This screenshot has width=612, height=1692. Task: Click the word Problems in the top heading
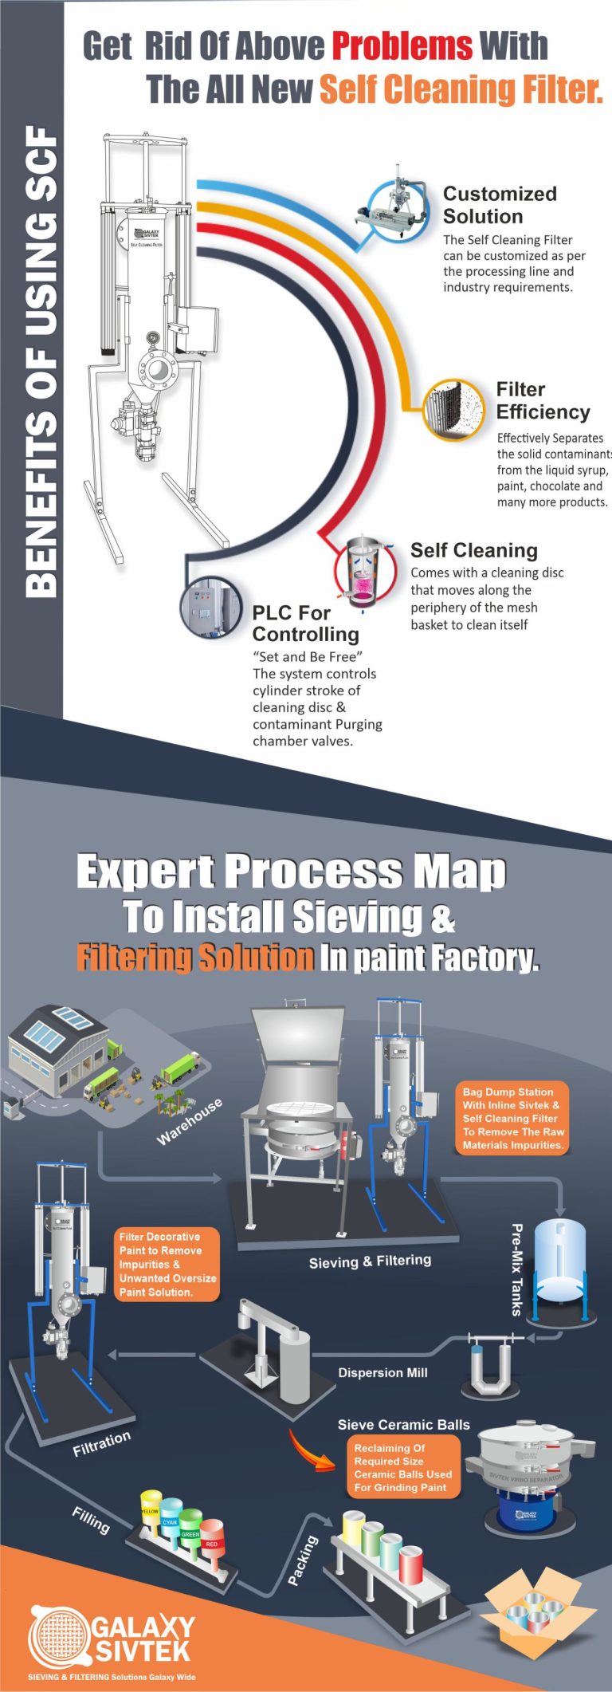pyautogui.click(x=402, y=46)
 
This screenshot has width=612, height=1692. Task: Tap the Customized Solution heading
pyautogui.click(x=500, y=205)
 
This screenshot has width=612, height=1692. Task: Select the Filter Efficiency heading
pyautogui.click(x=543, y=400)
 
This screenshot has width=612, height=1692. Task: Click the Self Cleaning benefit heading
pyautogui.click(x=473, y=550)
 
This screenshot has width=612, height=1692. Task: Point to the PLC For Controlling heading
pyautogui.click(x=305, y=624)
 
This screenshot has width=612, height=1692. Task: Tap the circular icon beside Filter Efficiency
pyautogui.click(x=453, y=410)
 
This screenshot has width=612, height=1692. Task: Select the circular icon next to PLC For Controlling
pyautogui.click(x=210, y=608)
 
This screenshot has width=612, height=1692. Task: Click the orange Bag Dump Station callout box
pyautogui.click(x=513, y=1118)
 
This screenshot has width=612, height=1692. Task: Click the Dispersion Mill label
pyautogui.click(x=382, y=1372)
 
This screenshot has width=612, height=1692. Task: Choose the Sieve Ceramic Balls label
pyautogui.click(x=403, y=1425)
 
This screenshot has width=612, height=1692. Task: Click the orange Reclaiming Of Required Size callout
pyautogui.click(x=402, y=1468)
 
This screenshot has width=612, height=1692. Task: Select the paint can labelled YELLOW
pyautogui.click(x=151, y=1512)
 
